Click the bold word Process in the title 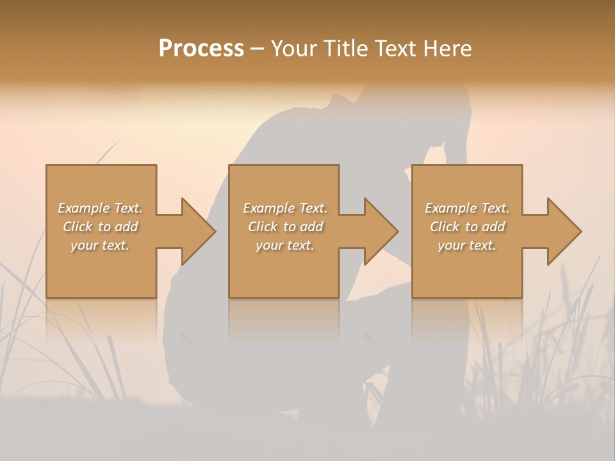[201, 49]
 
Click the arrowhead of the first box [198, 231]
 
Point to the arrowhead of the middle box [381, 231]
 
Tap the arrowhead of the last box [564, 231]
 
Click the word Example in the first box [84, 208]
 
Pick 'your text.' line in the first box [100, 245]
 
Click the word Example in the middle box [269, 208]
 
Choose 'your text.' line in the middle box [285, 245]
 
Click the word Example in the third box [451, 208]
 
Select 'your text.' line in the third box [467, 245]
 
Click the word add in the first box [127, 227]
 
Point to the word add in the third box [494, 227]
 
